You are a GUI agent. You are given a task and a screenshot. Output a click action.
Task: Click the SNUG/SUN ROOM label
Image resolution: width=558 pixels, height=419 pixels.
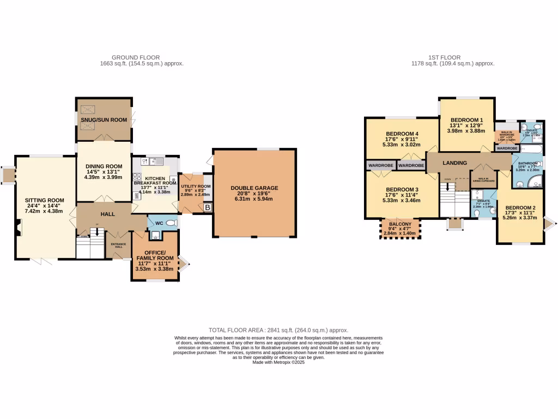pos(104,119)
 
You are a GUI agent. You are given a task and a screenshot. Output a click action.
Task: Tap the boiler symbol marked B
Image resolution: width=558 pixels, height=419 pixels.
pos(207,207)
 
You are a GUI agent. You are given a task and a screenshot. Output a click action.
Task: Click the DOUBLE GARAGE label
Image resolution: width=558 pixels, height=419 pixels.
pos(254,188)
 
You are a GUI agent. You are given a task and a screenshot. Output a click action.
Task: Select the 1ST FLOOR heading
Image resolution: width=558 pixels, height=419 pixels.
pos(445,57)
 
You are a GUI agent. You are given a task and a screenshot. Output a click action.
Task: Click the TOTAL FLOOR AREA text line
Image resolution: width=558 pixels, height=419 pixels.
pos(278,330)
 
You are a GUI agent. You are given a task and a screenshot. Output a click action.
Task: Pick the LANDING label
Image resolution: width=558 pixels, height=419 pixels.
pos(454,163)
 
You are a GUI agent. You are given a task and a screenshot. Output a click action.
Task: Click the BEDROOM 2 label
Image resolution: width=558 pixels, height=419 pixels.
pos(520,208)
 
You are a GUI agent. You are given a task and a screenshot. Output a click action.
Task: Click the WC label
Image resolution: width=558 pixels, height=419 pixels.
pos(159,223)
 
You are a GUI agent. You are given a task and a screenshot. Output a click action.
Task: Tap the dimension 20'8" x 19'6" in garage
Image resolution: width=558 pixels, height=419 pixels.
pos(254,194)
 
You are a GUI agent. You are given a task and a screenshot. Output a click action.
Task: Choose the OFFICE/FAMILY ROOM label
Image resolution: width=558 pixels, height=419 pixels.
pos(155,255)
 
